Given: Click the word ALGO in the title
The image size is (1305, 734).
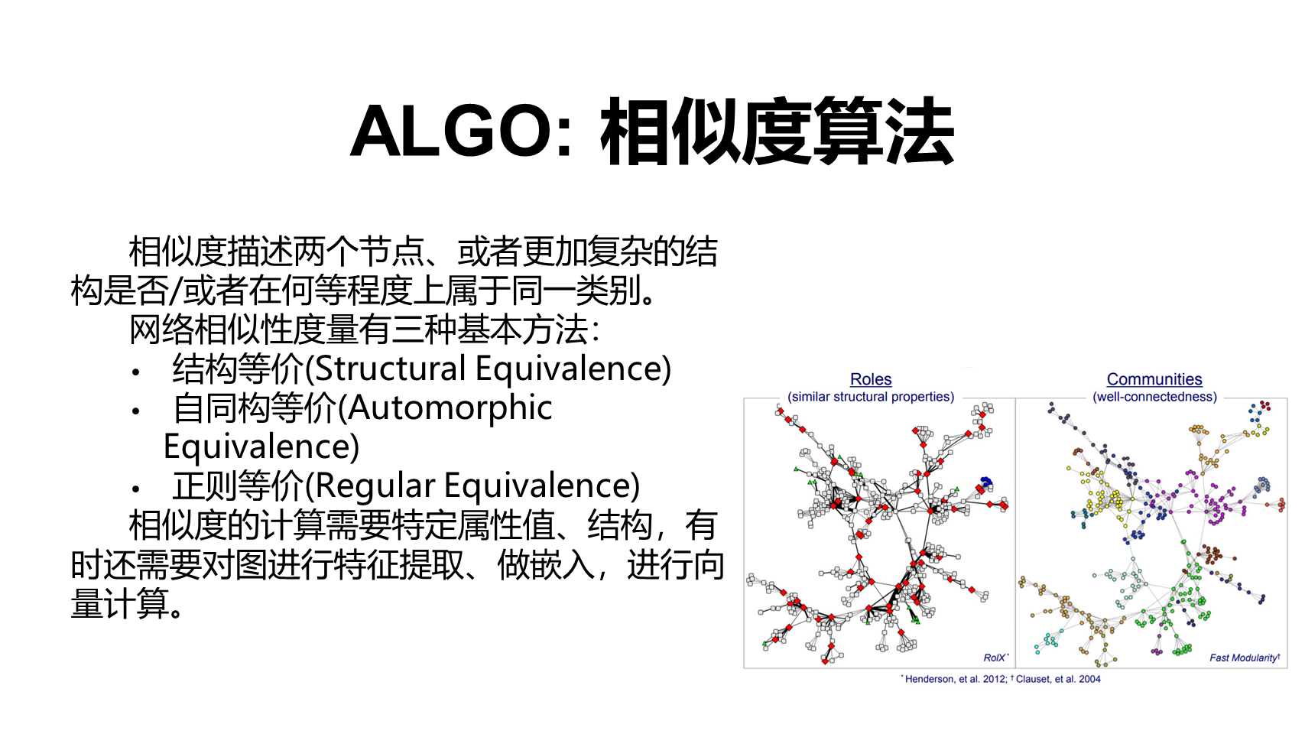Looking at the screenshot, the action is [x=451, y=131].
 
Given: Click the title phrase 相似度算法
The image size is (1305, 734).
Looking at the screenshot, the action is [x=777, y=131].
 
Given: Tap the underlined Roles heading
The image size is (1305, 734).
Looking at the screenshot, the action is [x=871, y=379].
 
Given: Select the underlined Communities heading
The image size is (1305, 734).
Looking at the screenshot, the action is [x=1154, y=379].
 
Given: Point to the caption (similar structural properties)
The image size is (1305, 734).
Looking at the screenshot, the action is [x=871, y=397].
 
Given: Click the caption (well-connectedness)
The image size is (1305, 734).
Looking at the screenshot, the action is [x=1154, y=397].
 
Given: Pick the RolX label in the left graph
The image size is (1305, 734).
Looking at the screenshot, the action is [x=995, y=658].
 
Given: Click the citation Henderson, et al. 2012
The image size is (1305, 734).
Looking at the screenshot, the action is [x=955, y=679].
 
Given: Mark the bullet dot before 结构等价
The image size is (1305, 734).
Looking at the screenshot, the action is [x=136, y=372].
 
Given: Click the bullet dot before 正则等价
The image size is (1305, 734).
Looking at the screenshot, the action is [x=136, y=489].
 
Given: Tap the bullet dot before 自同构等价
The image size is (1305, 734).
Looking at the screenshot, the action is [x=136, y=411].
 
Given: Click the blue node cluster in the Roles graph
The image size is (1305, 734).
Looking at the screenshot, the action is [x=985, y=482].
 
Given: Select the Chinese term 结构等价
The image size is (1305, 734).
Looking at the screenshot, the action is [x=239, y=369].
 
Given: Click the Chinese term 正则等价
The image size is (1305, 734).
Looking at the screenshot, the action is [x=239, y=486].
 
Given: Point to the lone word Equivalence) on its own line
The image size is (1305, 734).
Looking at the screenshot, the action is [x=261, y=447].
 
